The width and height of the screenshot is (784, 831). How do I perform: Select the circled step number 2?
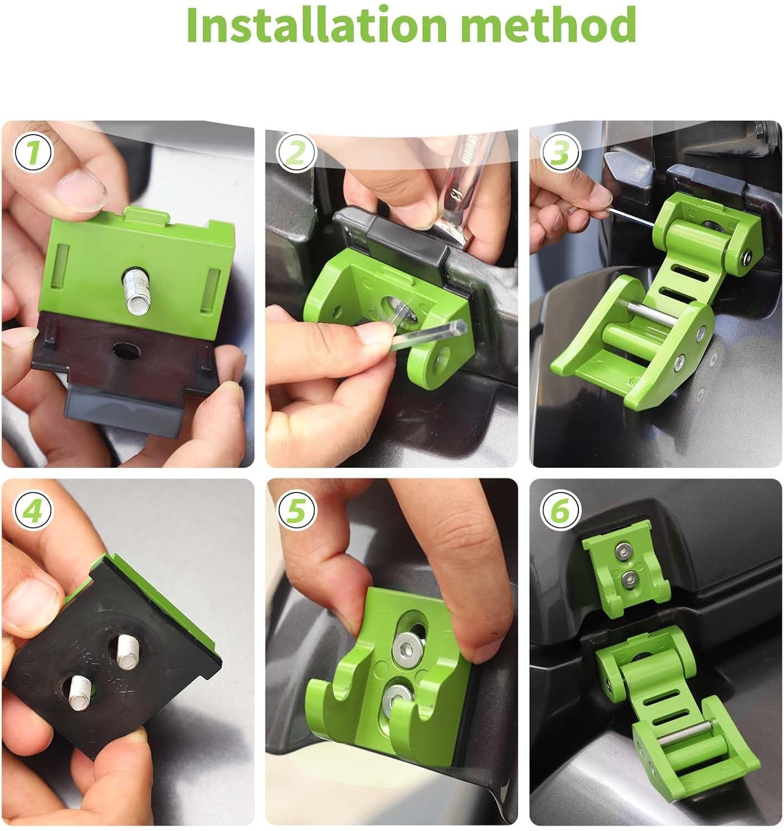(x=297, y=152)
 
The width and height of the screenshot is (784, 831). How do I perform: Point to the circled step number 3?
(x=561, y=152)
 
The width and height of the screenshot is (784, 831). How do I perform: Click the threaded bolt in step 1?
(x=135, y=288)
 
